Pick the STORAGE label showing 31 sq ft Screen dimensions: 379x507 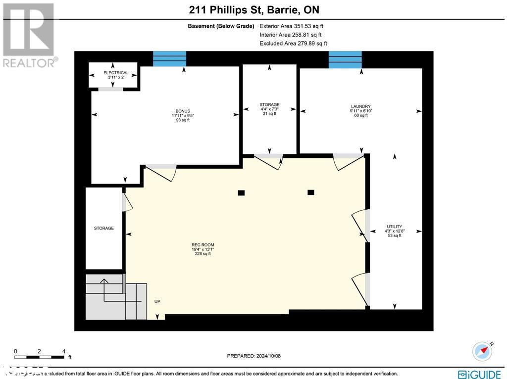pos(269,109)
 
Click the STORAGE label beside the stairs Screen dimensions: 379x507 pos(104,228)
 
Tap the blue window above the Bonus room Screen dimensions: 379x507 pos(169,58)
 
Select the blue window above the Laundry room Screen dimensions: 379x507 pos(345,59)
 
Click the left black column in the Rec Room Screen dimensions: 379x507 pos(241,193)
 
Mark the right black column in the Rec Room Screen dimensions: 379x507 pos(311,192)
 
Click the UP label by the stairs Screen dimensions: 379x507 pos(157,301)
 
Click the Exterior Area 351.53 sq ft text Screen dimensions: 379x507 pos(291,26)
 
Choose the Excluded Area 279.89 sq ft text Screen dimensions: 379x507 pos(293,44)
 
